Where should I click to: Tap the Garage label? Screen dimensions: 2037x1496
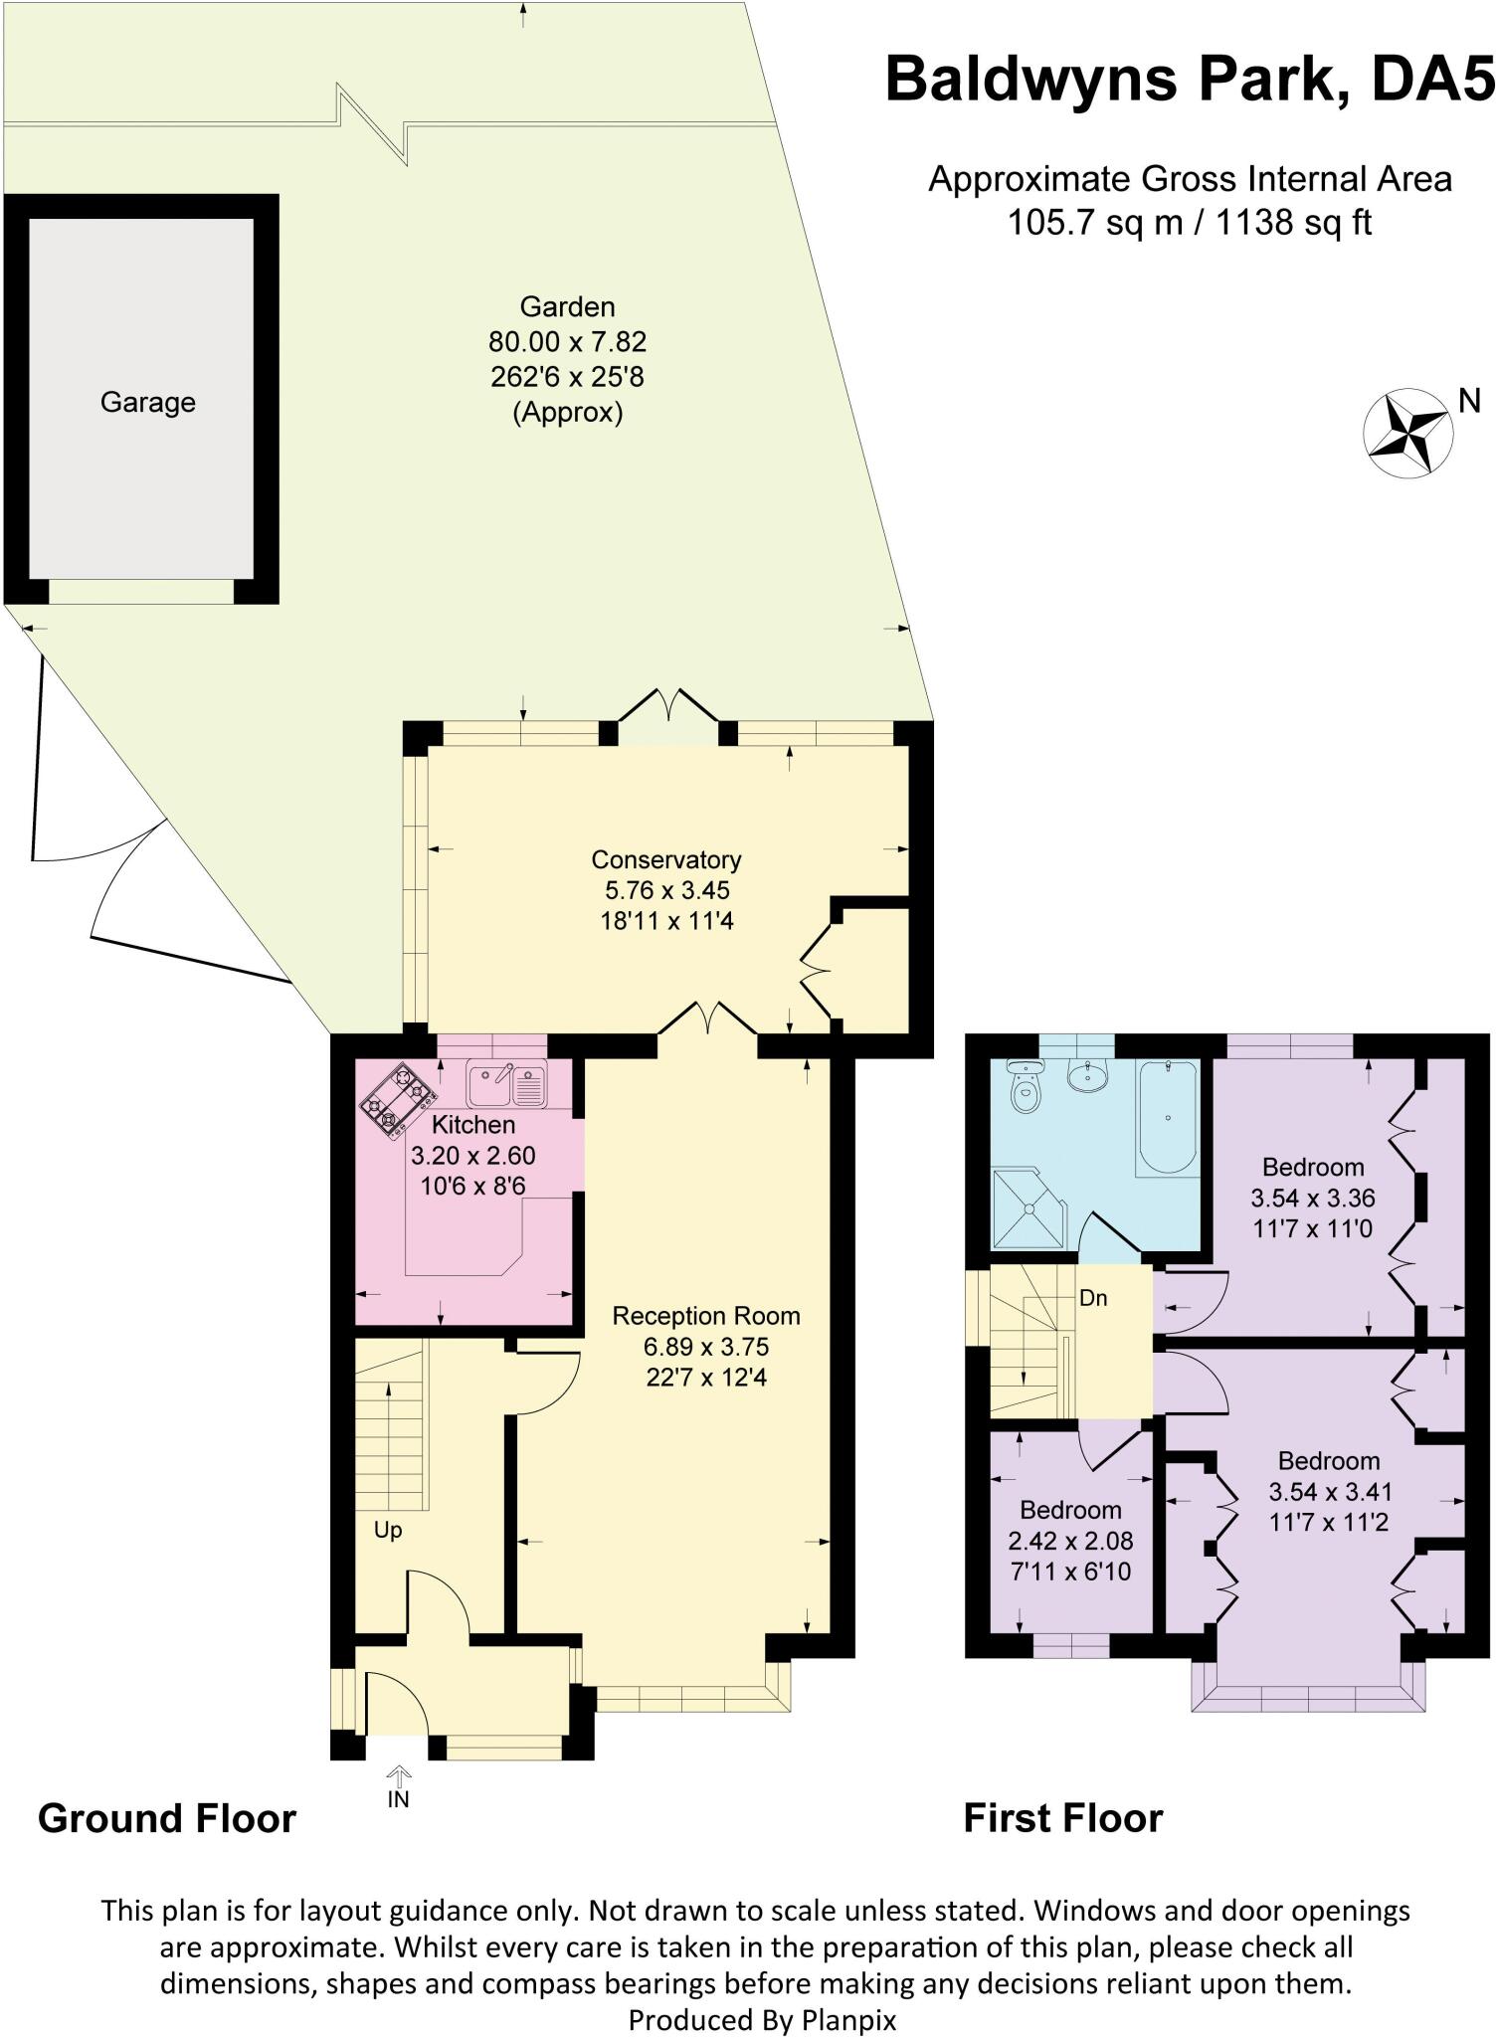[148, 403]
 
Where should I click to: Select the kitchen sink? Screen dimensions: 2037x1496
[506, 1085]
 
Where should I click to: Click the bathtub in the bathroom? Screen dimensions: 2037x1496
[1166, 1117]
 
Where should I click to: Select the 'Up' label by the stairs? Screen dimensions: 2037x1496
[388, 1530]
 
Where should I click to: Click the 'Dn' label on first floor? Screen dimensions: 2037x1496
[1093, 1298]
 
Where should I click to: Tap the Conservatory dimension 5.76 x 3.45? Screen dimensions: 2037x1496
[666, 890]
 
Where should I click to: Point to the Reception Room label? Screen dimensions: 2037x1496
[706, 1316]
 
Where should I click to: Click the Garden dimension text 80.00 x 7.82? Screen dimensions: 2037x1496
[567, 342]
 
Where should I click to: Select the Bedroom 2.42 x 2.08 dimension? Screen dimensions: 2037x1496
[1070, 1541]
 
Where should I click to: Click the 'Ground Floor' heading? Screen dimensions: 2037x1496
[167, 1818]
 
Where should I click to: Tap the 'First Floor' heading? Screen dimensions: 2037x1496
[1062, 1818]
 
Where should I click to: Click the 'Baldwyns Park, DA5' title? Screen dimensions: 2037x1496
[1190, 80]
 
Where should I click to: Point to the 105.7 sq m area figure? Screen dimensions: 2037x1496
[1095, 221]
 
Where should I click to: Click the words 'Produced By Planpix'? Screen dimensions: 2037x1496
[762, 2020]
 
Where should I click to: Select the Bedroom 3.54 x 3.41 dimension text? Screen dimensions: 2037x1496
[1330, 1491]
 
